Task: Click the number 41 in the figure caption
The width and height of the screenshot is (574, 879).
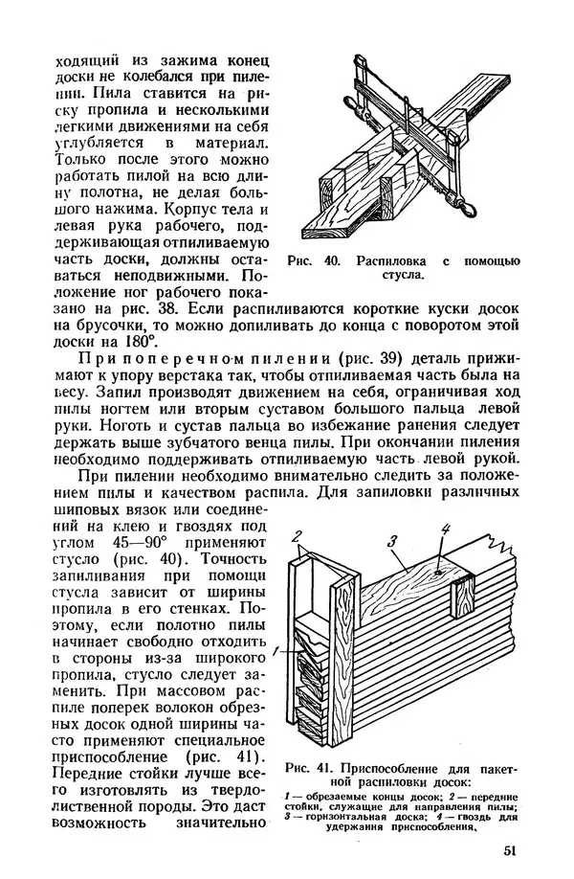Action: [328, 769]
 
